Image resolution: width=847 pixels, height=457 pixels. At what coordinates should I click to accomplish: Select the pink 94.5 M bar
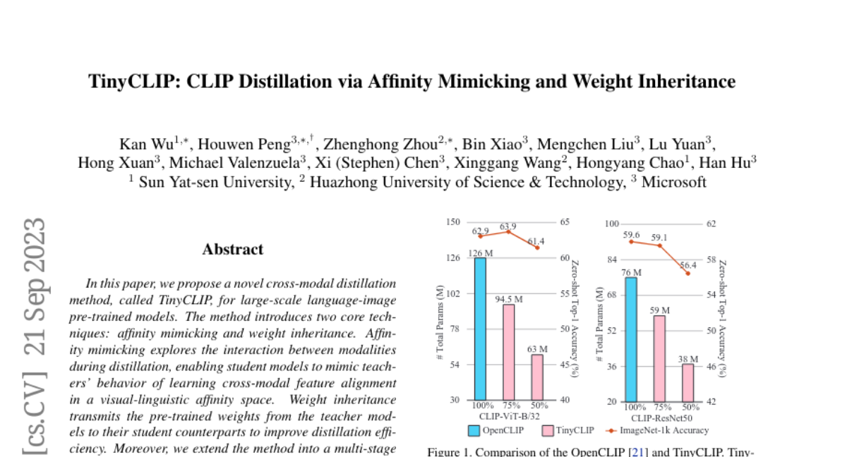[509, 352]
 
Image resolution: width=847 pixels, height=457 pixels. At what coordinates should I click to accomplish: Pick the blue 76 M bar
[631, 339]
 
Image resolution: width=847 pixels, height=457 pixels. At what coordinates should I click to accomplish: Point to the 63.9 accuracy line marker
[509, 231]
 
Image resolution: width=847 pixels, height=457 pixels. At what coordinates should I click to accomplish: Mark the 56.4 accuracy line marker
[688, 273]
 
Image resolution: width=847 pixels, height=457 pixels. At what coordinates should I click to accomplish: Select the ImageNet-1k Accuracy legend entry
[663, 429]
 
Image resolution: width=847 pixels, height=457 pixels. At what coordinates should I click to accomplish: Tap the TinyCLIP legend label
[574, 429]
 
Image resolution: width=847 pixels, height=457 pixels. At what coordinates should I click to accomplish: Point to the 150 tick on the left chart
[452, 222]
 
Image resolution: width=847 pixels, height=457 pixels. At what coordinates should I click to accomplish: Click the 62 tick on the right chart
[711, 224]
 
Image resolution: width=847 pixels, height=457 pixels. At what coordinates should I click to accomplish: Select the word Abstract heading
[233, 250]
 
